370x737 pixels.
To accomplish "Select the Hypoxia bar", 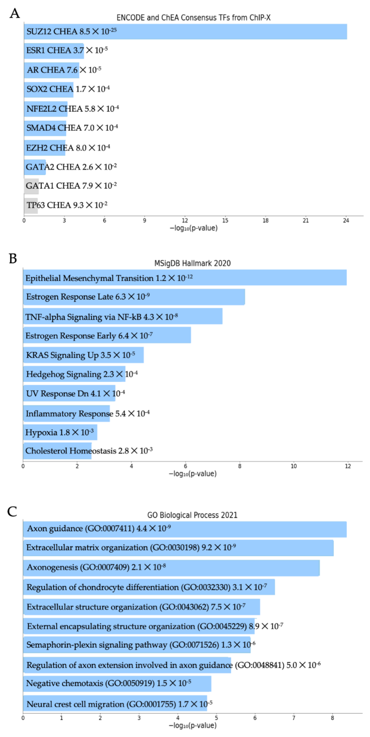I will pyautogui.click(x=60, y=432).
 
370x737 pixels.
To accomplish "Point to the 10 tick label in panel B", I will pyautogui.click(x=293, y=466).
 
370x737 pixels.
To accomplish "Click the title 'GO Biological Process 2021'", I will pyautogui.click(x=192, y=515).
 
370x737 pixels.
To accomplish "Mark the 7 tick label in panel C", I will pyautogui.click(x=294, y=718).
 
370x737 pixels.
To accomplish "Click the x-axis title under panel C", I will pyautogui.click(x=192, y=725).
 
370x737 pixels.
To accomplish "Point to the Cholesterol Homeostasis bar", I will pyautogui.click(x=57, y=451).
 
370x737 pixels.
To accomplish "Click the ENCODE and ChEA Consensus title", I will pyautogui.click(x=193, y=18).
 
